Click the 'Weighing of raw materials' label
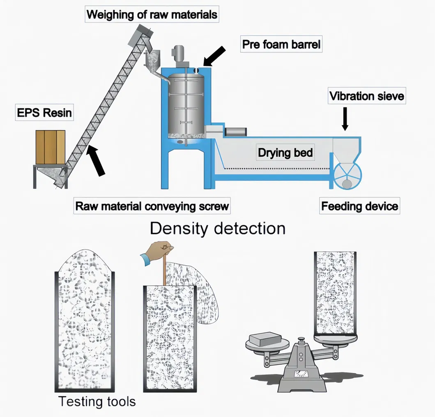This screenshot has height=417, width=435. (152, 15)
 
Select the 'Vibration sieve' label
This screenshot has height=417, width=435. (366, 97)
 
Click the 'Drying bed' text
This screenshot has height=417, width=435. (285, 153)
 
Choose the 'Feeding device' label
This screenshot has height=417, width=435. (359, 206)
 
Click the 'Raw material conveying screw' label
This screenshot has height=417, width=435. (152, 206)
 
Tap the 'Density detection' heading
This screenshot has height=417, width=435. (217, 229)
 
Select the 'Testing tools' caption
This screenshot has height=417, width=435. (97, 401)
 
